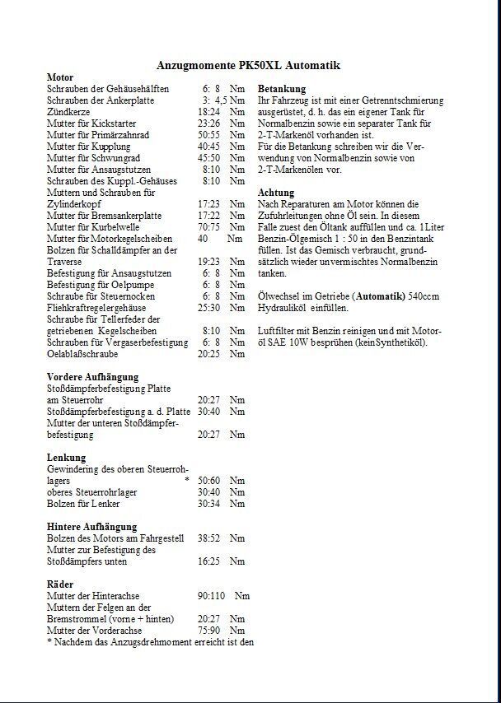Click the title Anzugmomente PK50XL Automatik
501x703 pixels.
248,65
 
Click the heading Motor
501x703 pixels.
61,77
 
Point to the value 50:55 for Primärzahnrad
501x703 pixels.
208,134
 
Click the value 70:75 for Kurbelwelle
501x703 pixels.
208,226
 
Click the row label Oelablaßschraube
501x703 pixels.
82,353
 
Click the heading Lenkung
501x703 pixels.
67,457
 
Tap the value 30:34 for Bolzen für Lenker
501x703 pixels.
208,503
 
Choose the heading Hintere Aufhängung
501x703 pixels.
91,526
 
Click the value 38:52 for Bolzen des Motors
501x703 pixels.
208,538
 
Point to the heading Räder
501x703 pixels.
61,584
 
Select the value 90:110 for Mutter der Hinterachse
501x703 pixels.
212,595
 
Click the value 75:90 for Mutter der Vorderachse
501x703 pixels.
208,630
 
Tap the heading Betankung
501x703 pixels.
282,88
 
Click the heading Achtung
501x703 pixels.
276,192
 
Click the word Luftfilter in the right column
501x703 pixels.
276,330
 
